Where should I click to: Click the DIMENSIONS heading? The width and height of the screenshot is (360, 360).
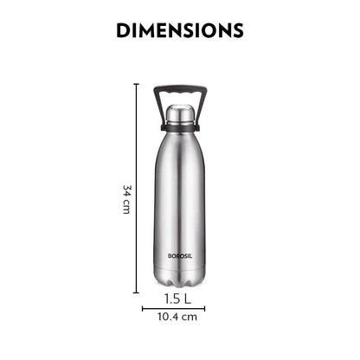coord(180,30)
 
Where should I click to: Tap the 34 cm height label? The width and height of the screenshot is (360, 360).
coord(126,199)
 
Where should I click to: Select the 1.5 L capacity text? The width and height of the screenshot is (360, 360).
coord(180,300)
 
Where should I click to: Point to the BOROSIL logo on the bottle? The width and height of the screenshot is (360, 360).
coord(180,255)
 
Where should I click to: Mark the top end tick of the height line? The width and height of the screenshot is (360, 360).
coord(136,84)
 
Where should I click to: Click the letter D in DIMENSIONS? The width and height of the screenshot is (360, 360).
coord(123,30)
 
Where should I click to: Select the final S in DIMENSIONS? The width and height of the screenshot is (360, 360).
coord(236,30)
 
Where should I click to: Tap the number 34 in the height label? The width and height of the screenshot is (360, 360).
coord(126,191)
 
